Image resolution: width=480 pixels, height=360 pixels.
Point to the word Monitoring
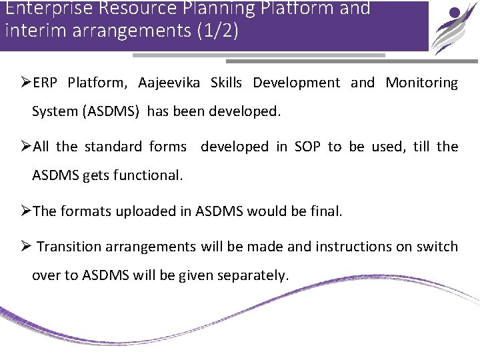422,83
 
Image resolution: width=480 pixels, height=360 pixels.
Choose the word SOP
307,147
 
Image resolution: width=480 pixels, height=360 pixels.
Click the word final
327,211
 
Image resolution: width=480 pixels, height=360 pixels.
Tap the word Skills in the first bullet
227,83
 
